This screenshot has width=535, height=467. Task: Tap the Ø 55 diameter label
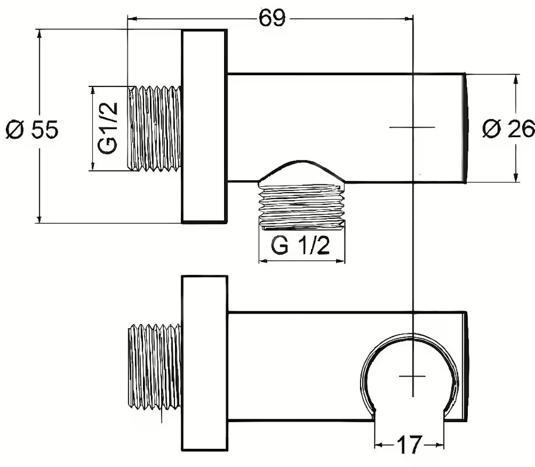32,129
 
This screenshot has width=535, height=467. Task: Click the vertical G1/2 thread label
108,128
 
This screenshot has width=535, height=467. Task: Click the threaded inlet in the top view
155,128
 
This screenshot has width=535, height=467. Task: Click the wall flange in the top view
204,126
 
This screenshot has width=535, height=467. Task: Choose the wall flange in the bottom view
204,363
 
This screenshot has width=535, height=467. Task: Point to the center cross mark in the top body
412,127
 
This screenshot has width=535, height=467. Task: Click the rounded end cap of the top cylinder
466,128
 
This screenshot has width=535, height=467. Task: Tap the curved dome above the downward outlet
302,171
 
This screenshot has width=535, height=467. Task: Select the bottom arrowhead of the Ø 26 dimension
516,178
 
